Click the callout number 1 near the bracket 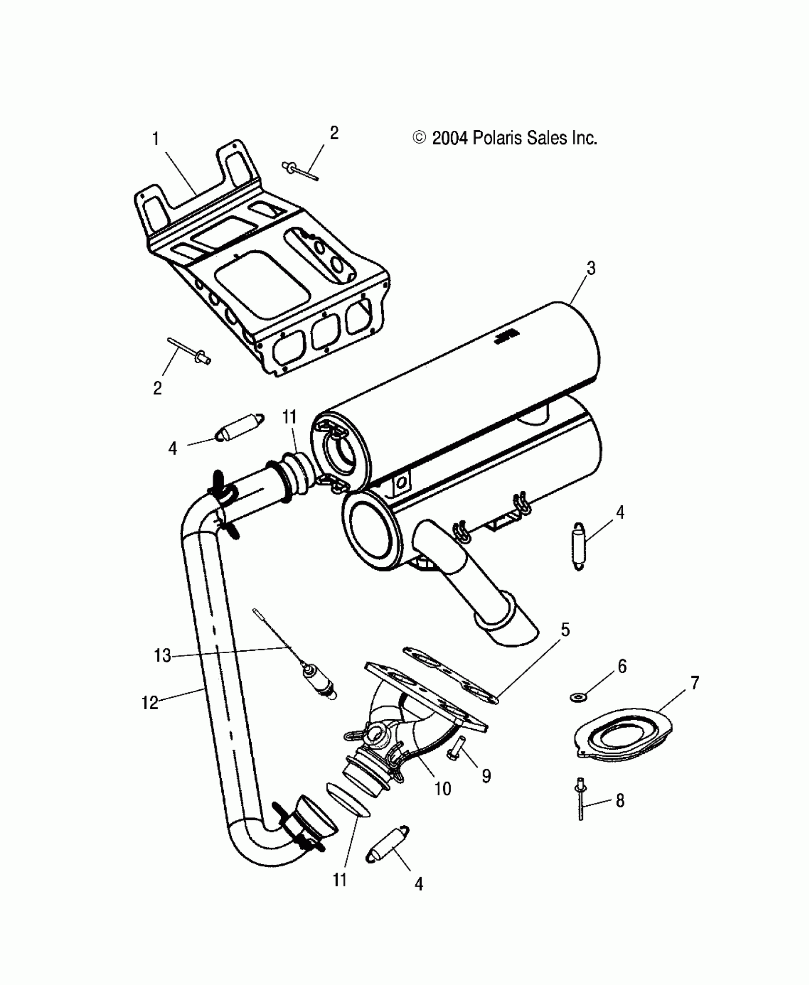(x=156, y=139)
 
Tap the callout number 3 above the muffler (x=591, y=269)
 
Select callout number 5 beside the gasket (x=565, y=630)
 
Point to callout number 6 (x=622, y=666)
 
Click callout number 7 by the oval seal (x=695, y=684)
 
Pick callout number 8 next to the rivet (x=620, y=801)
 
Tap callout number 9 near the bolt (x=486, y=776)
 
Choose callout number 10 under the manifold (x=443, y=789)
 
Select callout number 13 (x=162, y=656)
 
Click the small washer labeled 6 (x=578, y=697)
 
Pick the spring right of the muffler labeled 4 (x=579, y=546)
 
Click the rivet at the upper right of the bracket (x=300, y=171)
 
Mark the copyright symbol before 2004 (x=419, y=138)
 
